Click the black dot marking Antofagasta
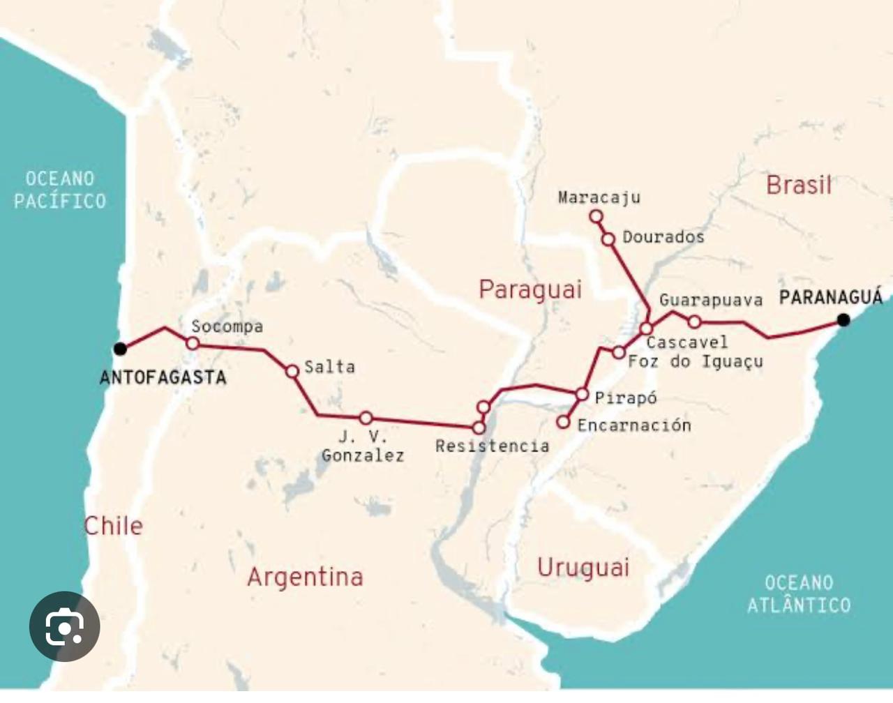120,349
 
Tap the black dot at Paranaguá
843,320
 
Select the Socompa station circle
193,343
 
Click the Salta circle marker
292,371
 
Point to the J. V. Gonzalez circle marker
366,418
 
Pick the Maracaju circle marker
596,217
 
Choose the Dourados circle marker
608,239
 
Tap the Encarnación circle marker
563,422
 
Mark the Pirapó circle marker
582,395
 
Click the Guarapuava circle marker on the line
694,322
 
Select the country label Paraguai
530,289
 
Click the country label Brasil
799,185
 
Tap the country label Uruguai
583,568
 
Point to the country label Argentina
305,577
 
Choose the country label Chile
113,525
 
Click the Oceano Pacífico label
60,190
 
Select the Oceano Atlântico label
799,594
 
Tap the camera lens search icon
65,626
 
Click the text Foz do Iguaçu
695,361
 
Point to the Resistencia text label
492,446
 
